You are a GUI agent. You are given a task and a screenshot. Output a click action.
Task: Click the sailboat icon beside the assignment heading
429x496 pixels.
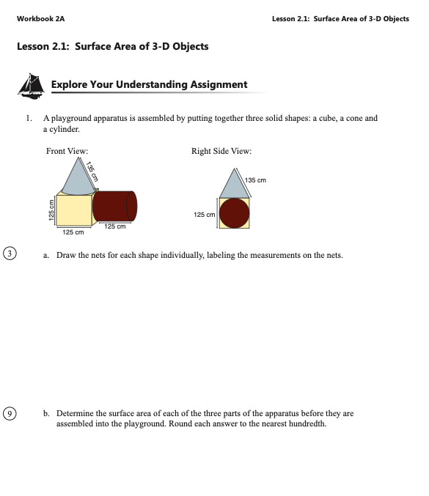tap(31, 86)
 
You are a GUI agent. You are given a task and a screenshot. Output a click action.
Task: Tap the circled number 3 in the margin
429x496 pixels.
tap(10, 253)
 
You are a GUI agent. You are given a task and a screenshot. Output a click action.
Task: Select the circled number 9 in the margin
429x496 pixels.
tap(10, 413)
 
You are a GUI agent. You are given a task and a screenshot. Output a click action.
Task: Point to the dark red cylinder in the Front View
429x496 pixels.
tap(114, 206)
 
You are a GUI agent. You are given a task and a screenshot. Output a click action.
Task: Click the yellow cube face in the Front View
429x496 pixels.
tap(74, 210)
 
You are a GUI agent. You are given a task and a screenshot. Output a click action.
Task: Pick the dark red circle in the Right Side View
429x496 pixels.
tap(234, 213)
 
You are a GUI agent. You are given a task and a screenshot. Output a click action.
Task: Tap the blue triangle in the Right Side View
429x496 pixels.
tap(234, 183)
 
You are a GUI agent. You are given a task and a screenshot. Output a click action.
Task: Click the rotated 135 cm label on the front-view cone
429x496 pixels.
tap(92, 171)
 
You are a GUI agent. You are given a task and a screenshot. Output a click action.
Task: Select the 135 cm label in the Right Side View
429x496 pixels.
tap(255, 180)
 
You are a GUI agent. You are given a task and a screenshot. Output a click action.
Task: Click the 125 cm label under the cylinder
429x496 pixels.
tap(115, 226)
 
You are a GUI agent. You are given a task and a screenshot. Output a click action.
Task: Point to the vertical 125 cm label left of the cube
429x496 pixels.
tap(51, 210)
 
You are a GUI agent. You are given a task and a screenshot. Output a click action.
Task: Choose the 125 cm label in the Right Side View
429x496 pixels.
tap(204, 215)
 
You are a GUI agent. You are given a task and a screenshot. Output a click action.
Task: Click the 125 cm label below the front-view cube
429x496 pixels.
tap(73, 232)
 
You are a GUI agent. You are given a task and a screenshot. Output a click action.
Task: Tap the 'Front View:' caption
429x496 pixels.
tap(67, 151)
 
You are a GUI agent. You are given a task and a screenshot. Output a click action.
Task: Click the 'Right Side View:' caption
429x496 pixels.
tap(221, 151)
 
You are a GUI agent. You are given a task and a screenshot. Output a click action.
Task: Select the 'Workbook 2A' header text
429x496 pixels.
tap(40, 18)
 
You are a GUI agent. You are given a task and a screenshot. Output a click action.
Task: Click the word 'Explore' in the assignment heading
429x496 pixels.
tap(69, 85)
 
